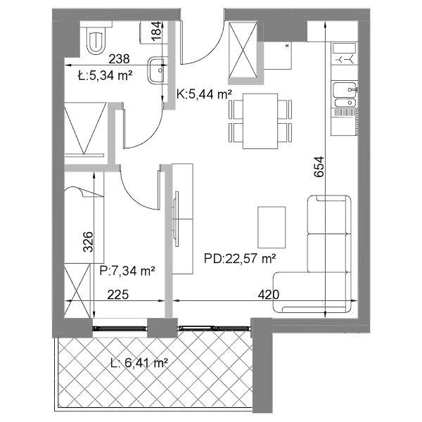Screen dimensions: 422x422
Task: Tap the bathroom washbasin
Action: coord(157,70)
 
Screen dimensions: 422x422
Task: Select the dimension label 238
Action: coord(119,59)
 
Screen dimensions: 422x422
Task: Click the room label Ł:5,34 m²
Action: coord(105,76)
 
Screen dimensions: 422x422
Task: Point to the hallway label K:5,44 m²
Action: coord(204,94)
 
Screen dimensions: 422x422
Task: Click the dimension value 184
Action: coord(157,32)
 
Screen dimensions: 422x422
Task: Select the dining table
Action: coord(260,121)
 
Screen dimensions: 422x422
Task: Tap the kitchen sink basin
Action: coord(345,90)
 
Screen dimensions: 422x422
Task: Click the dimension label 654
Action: coord(319,167)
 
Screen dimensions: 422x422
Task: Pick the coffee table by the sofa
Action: coord(271,227)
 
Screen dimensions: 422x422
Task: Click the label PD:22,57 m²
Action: coord(240,259)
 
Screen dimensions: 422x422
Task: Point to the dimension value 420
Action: coord(269,295)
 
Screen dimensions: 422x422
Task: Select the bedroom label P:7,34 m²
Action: coord(127,271)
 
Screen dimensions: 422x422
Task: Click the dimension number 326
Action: coord(88,242)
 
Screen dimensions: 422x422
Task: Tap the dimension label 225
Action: coord(118,295)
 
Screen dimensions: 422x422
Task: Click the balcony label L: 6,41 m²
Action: coord(139,364)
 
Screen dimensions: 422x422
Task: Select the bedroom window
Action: coord(120,328)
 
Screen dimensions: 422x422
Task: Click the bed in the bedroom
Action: coord(84,217)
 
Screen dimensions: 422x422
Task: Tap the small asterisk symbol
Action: coord(287,46)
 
